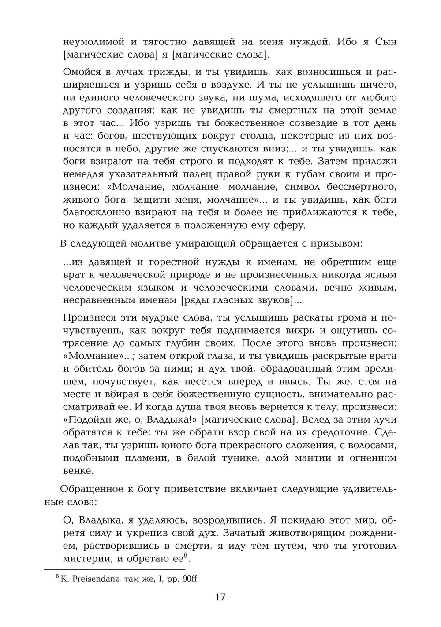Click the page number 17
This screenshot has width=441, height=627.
[x=220, y=597]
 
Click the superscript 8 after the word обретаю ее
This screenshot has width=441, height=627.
[x=186, y=556]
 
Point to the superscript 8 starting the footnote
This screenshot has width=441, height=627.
[x=57, y=576]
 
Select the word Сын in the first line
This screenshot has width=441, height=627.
[x=385, y=42]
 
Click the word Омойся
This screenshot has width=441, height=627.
[x=82, y=72]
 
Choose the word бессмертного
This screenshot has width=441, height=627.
[x=357, y=187]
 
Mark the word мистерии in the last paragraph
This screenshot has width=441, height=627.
[x=84, y=559]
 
